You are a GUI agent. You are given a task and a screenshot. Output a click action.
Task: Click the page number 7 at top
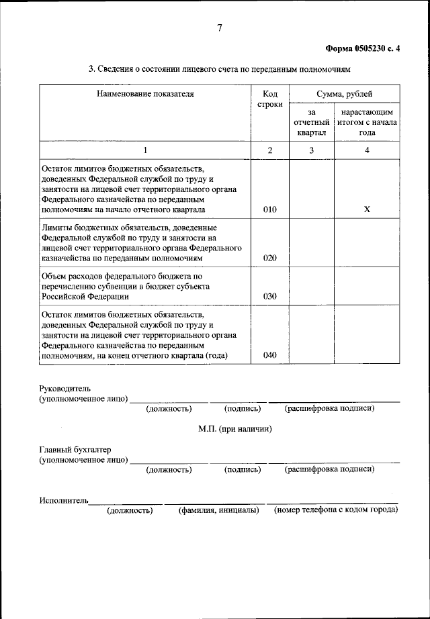coord(219,28)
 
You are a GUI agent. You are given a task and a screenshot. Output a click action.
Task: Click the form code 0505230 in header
coord(370,48)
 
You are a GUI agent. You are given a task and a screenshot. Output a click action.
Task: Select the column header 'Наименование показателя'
coord(144,94)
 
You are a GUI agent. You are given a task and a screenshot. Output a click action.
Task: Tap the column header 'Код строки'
coord(269,99)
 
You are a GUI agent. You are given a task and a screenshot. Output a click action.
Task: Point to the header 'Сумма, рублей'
coord(344,94)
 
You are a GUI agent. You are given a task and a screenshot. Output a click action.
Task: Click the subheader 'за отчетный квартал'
coord(311,123)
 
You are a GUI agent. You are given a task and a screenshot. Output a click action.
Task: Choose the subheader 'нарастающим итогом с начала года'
coord(367,123)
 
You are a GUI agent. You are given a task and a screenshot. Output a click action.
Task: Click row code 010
coord(269,209)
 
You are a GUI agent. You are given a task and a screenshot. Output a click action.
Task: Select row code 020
coord(269,258)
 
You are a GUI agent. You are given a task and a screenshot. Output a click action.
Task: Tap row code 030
coord(269,295)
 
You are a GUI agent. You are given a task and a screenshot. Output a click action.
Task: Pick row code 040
coord(269,355)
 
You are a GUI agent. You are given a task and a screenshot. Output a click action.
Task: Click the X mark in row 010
coord(367,209)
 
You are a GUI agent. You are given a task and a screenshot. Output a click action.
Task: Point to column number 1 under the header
coord(144,150)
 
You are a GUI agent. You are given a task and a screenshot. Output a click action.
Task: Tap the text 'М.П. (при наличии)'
coord(235,429)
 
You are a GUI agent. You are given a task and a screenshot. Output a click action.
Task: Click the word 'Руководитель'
coord(64,389)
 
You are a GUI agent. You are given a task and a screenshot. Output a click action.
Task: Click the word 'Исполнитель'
coord(63,500)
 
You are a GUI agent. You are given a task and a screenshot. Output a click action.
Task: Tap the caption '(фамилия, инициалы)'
coord(218,511)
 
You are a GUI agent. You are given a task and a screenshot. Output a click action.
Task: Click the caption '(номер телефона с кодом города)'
coord(335,510)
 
